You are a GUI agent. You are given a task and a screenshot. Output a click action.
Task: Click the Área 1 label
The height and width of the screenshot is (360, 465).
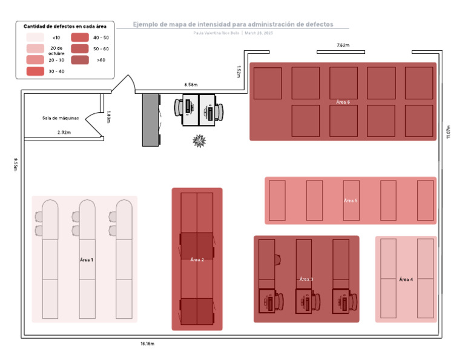coord(87,259)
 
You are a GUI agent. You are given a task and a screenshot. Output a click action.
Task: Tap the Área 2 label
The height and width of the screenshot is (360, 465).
coord(197,259)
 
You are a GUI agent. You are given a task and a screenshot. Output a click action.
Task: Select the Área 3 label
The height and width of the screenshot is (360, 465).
coord(306,279)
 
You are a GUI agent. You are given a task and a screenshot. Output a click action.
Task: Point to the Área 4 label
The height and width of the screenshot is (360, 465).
coord(406,279)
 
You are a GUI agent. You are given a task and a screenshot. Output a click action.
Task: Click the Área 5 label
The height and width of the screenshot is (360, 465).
coord(351,200)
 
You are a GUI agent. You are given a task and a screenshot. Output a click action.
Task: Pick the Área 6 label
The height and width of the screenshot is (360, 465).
coord(343,102)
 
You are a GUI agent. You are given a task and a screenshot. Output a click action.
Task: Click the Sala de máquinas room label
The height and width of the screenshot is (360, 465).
coord(61,118)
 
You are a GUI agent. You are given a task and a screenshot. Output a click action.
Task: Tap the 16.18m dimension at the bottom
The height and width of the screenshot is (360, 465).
coord(147,344)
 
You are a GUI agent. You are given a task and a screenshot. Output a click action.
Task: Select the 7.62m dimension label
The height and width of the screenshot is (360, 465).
coord(343,45)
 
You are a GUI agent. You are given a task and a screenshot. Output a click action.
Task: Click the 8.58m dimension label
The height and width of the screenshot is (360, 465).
coord(191,85)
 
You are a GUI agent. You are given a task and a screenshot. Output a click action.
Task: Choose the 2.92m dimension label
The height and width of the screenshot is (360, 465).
coord(64,132)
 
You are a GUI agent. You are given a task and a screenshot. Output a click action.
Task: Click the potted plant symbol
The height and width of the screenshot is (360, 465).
coord(199,141)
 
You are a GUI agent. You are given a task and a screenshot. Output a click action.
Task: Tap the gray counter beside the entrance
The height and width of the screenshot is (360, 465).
coord(151,119)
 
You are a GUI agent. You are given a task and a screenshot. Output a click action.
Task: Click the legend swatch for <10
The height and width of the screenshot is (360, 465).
coord(35,37)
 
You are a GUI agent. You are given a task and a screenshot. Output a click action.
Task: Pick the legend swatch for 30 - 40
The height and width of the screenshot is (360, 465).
coord(35,72)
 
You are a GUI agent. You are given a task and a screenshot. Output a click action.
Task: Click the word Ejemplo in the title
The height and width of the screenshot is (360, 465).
coord(148,24)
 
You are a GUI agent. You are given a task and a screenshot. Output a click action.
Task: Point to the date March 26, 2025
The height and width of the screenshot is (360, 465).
coord(259,33)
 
